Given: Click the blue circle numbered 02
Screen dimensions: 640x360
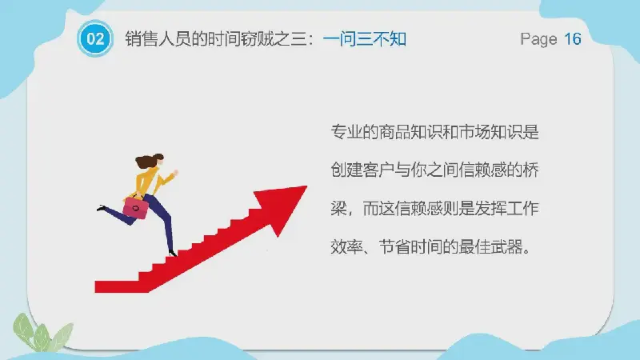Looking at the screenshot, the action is (95, 38).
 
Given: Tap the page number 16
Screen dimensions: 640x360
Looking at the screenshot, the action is (573, 38).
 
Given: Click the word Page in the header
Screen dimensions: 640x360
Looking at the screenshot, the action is (538, 39).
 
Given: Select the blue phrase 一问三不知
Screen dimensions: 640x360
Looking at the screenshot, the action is (365, 39).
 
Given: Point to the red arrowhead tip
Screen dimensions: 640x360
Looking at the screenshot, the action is (306, 186).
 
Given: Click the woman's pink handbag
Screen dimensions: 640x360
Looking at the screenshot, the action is (135, 206).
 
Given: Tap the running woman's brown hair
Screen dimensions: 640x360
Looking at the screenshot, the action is (149, 161).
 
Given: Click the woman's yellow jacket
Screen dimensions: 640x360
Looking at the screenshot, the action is (150, 182).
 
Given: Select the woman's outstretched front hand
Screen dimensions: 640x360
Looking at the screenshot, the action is (175, 173).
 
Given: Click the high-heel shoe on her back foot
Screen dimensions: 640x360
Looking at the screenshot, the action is (102, 208).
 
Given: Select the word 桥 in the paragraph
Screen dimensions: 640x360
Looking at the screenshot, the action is (530, 170).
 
